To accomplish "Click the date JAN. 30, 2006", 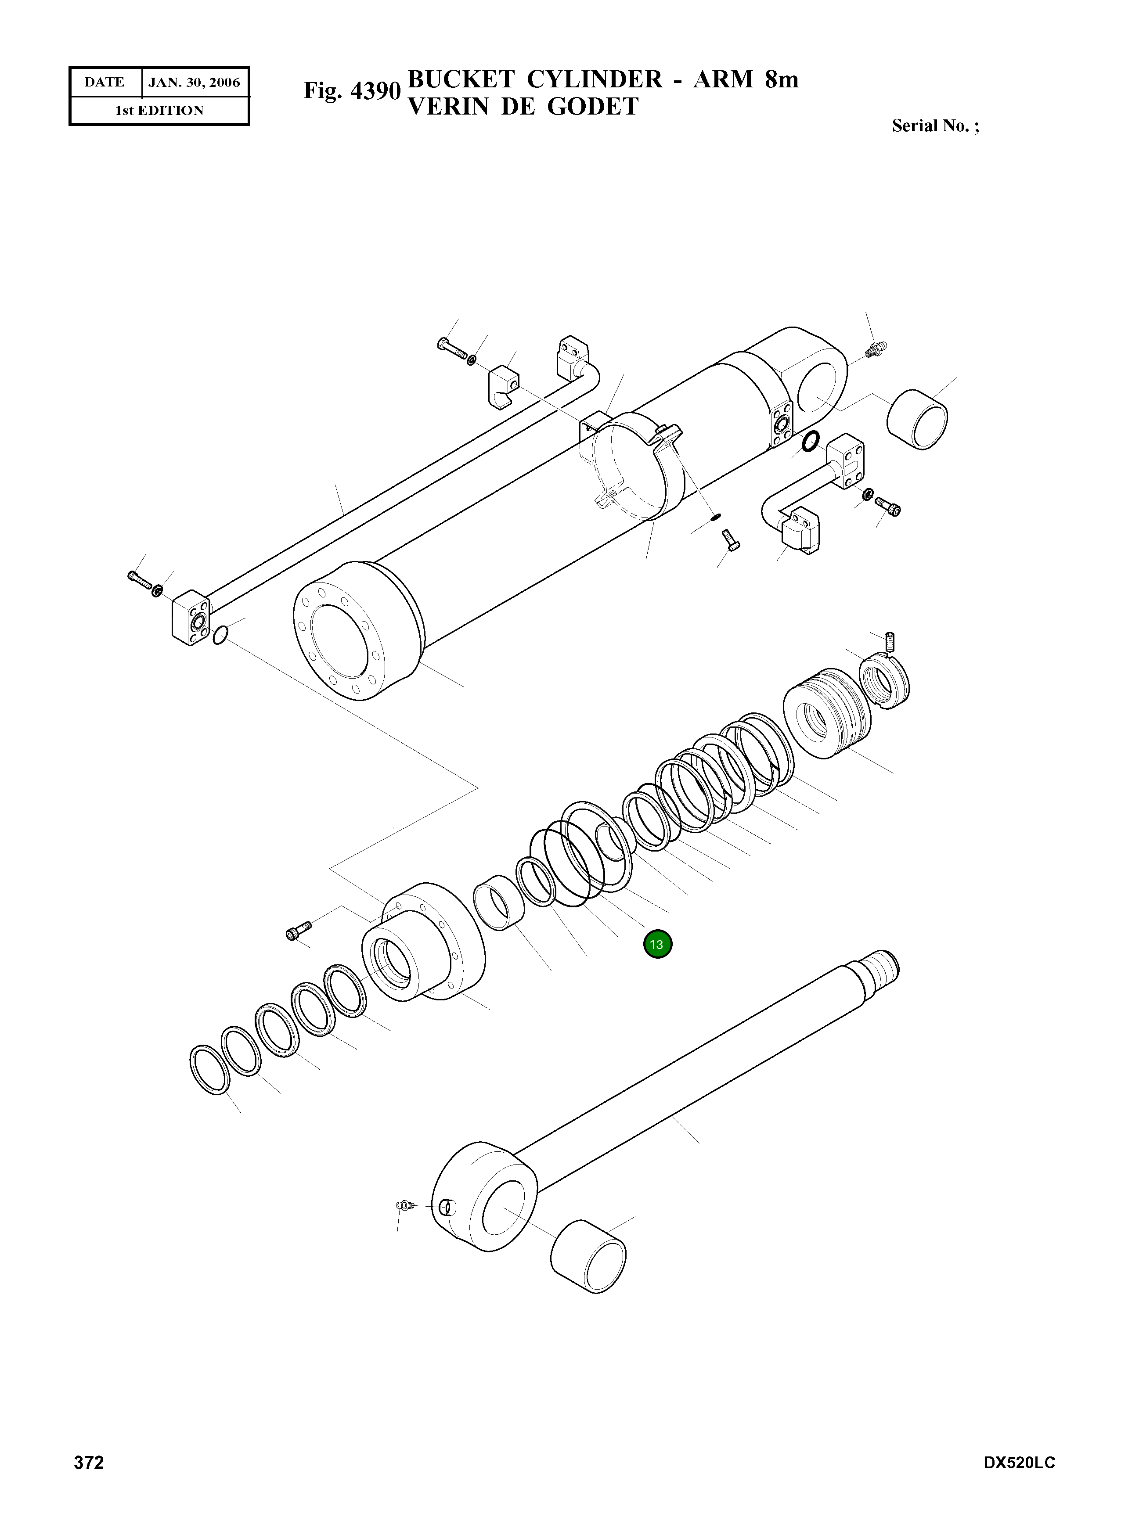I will (x=194, y=83).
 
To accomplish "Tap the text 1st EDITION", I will (x=159, y=111).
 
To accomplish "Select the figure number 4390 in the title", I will (x=375, y=90).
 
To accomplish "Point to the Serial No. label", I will (x=934, y=126).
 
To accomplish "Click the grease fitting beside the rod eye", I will (x=404, y=1205).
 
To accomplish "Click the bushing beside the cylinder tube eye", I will (x=917, y=419).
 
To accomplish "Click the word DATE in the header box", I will (x=105, y=83).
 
